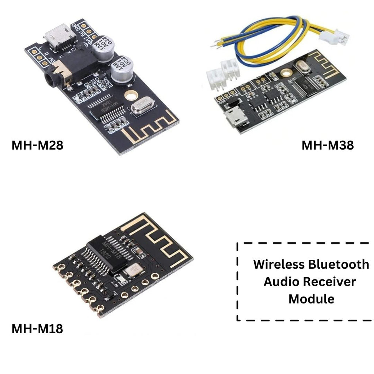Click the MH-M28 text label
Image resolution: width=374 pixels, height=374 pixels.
(x=37, y=145)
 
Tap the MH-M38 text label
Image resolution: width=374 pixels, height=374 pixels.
(x=327, y=145)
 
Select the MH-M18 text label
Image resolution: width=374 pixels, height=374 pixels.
(x=37, y=329)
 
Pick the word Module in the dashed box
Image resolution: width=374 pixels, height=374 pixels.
(x=311, y=299)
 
